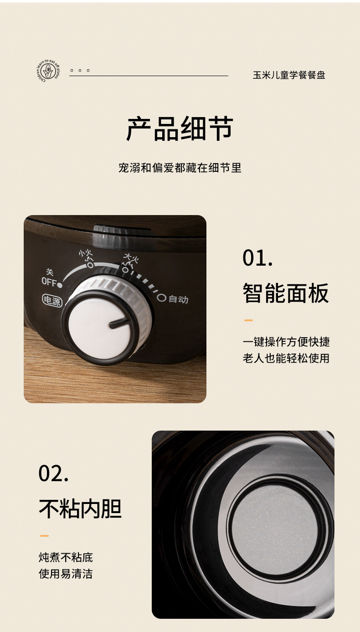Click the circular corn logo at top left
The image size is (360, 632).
click(x=47, y=71)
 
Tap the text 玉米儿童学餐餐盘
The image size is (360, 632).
click(x=289, y=75)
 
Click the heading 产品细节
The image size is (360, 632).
click(x=180, y=129)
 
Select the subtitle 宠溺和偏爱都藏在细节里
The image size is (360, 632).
click(x=180, y=168)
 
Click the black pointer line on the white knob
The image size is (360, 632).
click(x=118, y=323)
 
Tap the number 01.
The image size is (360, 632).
click(x=258, y=258)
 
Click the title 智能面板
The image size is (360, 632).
click(x=285, y=293)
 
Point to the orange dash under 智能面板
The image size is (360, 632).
click(x=248, y=320)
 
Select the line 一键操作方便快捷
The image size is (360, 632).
click(x=286, y=342)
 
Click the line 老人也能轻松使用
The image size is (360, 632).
click(x=286, y=358)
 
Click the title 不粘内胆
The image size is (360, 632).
click(x=80, y=509)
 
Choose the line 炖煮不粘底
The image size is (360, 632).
click(x=66, y=557)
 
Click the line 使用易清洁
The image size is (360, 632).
click(x=66, y=574)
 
